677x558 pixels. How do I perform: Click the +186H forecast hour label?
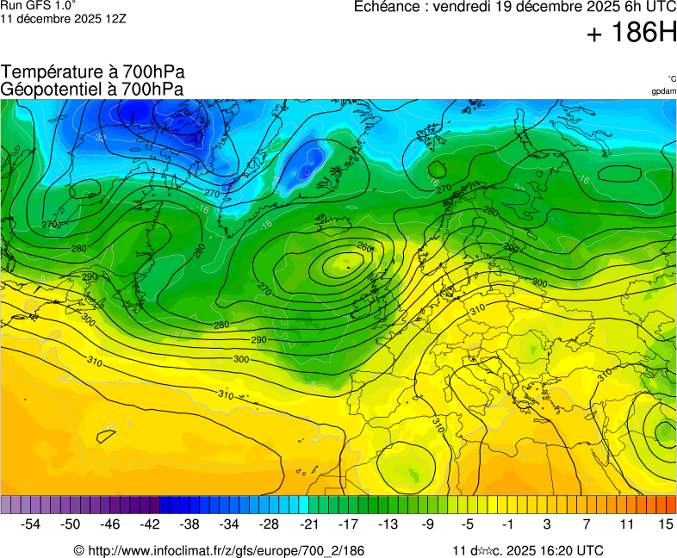pyautogui.click(x=632, y=34)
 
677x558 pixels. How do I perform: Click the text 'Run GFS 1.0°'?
pyautogui.click(x=38, y=5)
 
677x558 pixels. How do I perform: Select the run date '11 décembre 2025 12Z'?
pyautogui.click(x=63, y=18)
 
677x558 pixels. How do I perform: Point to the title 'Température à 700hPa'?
pyautogui.click(x=93, y=72)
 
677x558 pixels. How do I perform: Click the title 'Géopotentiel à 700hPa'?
pyautogui.click(x=92, y=89)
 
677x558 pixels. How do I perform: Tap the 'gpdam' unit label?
pyautogui.click(x=663, y=90)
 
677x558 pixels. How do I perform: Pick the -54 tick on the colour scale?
pyautogui.click(x=31, y=524)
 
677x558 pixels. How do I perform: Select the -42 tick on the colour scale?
pyautogui.click(x=150, y=524)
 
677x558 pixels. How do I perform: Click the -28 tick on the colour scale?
pyautogui.click(x=269, y=524)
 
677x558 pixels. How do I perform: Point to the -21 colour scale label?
pyautogui.click(x=308, y=524)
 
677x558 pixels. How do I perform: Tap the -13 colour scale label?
pyautogui.click(x=388, y=524)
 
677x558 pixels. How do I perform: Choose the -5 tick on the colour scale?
pyautogui.click(x=467, y=524)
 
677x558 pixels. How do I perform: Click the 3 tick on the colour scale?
pyautogui.click(x=547, y=524)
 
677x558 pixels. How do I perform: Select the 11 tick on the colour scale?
pyautogui.click(x=626, y=524)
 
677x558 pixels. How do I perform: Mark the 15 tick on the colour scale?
pyautogui.click(x=665, y=524)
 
